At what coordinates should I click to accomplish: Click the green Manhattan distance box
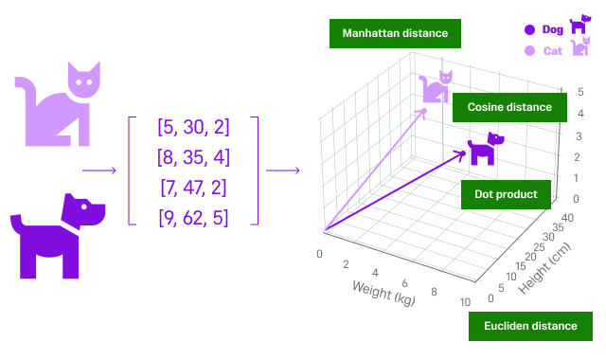pos(395,34)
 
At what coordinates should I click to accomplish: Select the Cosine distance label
pos(509,107)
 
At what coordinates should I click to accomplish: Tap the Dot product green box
pos(505,194)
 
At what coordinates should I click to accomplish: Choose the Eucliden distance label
pos(530,326)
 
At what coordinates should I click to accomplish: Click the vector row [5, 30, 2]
pos(193,126)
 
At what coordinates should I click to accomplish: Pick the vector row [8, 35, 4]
pos(193,156)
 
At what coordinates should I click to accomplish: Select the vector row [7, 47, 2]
pos(193,187)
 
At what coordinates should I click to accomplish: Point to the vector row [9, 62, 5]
pos(193,217)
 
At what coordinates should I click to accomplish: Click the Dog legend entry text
pos(552,29)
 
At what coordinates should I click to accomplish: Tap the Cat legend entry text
pos(552,51)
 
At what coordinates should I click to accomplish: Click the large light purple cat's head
pos(84,80)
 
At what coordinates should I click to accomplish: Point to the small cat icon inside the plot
pos(437,87)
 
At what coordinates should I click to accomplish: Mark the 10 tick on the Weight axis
pos(464,301)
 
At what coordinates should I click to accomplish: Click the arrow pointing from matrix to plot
pos(282,171)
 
